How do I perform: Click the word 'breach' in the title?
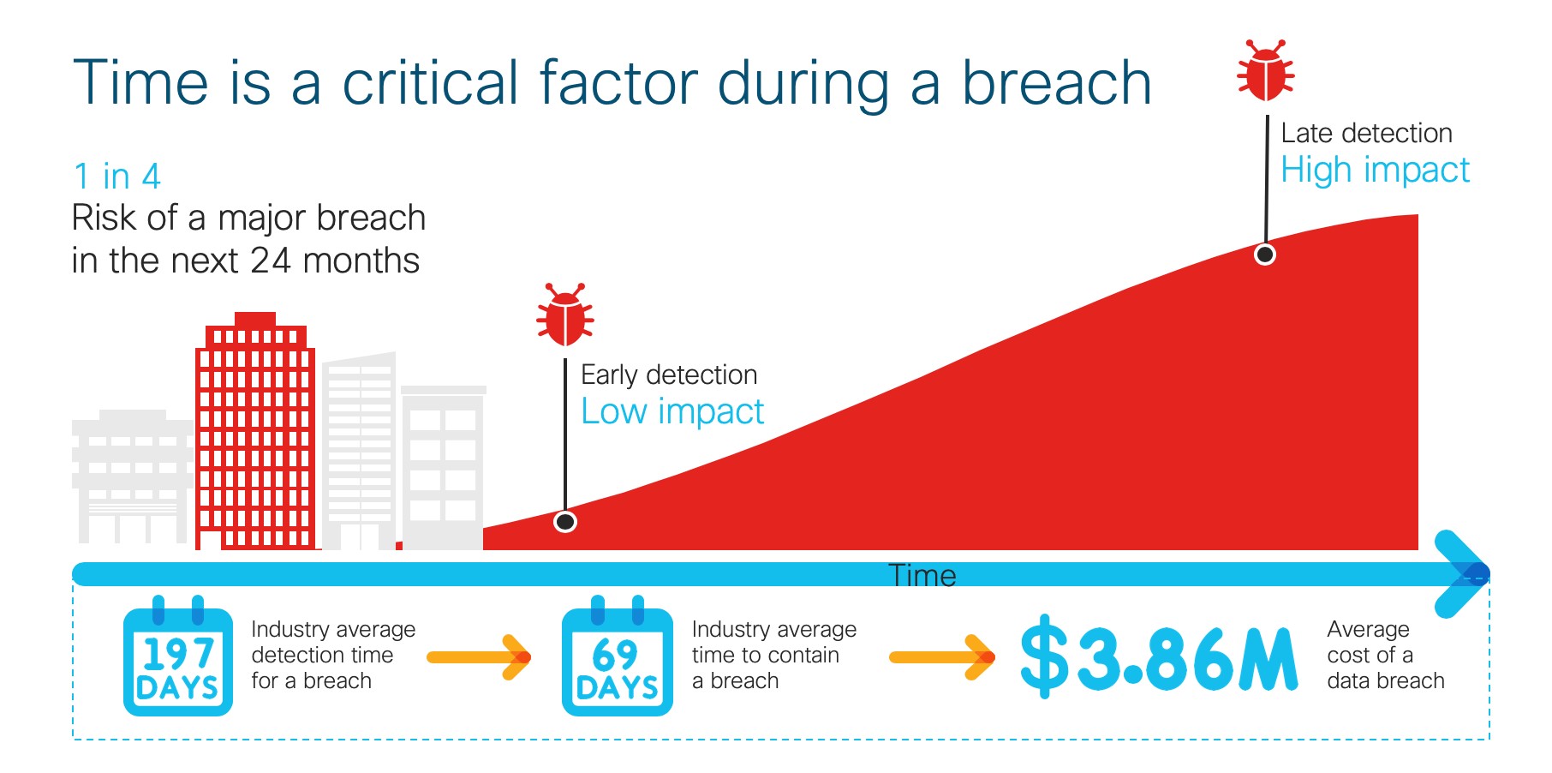[x=1057, y=83]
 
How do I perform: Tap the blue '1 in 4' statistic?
[x=116, y=177]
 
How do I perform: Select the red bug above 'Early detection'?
[x=565, y=315]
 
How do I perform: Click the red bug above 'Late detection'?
[x=1266, y=70]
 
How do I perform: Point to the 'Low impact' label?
[x=672, y=411]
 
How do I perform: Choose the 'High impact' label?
[x=1375, y=170]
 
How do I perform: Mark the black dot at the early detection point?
[x=565, y=521]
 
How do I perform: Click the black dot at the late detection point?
[x=1265, y=255]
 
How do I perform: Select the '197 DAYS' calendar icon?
[x=178, y=656]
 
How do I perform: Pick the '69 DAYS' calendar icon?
[x=617, y=656]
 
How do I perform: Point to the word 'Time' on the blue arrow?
[x=922, y=575]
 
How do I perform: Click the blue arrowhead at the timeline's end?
[x=1463, y=574]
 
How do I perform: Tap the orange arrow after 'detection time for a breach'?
[x=480, y=657]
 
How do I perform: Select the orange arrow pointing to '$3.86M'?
[x=942, y=657]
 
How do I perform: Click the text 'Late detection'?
[x=1366, y=133]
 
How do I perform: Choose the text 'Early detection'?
[x=669, y=375]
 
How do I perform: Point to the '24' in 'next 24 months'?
[x=271, y=261]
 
